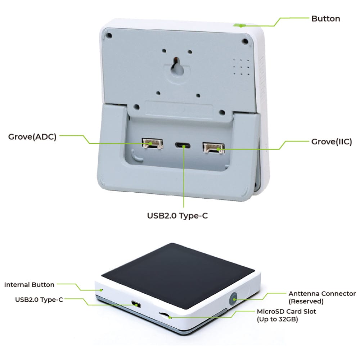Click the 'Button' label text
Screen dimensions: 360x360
point(325,19)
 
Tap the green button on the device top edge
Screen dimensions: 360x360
point(240,26)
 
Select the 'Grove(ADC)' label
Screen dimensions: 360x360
point(32,137)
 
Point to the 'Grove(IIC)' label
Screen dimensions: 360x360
point(332,141)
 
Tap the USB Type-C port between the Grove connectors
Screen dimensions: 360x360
point(183,145)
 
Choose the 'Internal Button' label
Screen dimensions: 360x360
point(29,285)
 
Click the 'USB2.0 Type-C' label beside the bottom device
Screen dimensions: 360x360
point(39,300)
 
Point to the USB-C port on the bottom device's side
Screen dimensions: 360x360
point(136,304)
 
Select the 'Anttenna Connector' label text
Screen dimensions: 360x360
point(322,294)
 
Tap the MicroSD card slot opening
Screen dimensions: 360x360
point(165,316)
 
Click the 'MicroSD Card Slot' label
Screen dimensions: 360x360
point(286,311)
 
